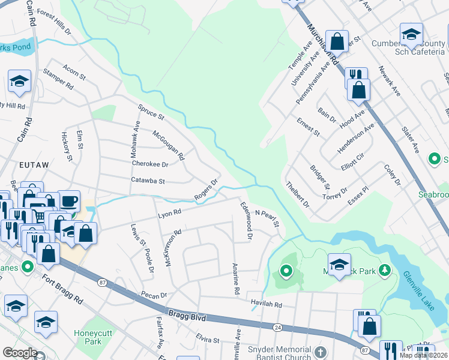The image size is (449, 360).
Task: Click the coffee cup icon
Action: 68,201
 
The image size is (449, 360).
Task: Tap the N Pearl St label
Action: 268,218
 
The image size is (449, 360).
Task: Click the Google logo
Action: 20,353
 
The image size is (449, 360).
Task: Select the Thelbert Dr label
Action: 297,194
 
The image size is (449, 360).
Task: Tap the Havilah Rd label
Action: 266,305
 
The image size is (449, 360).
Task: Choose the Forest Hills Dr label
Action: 54,21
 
